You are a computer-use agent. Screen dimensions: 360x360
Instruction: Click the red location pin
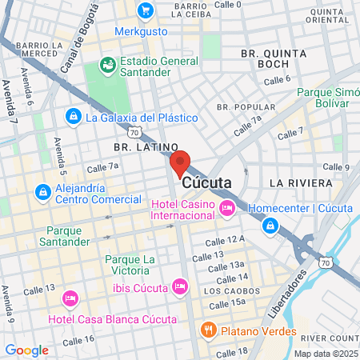point(180,162)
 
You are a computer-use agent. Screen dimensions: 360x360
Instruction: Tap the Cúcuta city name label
point(207,182)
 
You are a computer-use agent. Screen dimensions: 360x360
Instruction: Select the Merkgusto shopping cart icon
point(145,10)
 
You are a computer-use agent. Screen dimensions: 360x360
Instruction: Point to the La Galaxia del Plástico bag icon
point(74,117)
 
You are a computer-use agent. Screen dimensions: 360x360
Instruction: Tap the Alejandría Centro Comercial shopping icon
point(42,192)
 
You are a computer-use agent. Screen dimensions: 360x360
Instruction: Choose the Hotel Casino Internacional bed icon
point(227,209)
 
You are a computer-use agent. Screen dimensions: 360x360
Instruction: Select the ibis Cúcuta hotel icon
point(179,286)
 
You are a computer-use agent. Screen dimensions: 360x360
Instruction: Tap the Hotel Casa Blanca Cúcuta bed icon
point(70,298)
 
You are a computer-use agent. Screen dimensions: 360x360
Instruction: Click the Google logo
point(26,350)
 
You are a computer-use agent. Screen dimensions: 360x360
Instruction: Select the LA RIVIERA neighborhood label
point(300,182)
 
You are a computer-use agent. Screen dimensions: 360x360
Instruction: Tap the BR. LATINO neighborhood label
point(145,147)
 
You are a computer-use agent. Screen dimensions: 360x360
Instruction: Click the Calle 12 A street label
point(225,240)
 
